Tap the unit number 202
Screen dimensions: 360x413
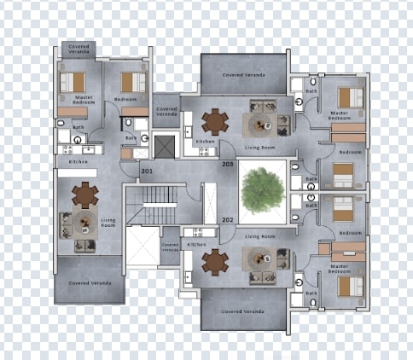coord(227,220)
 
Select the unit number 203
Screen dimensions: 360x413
coord(227,163)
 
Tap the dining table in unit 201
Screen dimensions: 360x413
coord(84,195)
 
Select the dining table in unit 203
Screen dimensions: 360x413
coord(215,123)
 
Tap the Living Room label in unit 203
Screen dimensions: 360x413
coord(259,147)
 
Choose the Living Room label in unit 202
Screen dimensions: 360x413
coord(259,235)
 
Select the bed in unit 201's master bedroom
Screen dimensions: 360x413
coord(73,82)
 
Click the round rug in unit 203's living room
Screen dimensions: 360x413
coord(259,125)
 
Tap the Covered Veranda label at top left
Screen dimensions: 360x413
coord(78,49)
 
